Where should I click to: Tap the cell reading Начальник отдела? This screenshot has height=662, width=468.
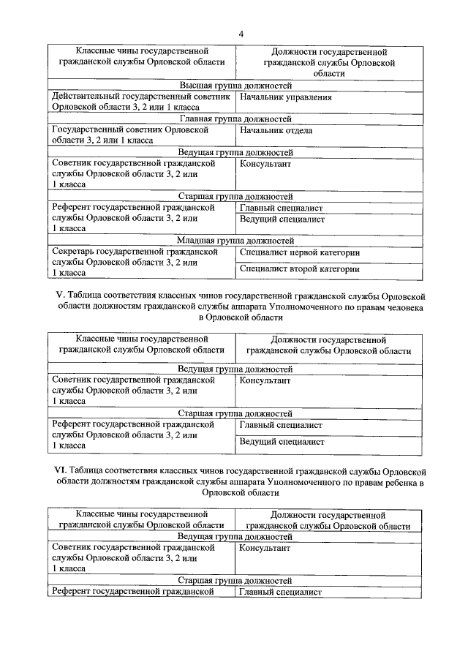pyautogui.click(x=276, y=131)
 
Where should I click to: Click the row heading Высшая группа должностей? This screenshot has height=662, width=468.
pyautogui.click(x=235, y=85)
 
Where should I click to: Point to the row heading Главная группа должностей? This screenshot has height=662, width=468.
pyautogui.click(x=235, y=119)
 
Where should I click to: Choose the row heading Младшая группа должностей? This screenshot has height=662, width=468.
pyautogui.click(x=235, y=240)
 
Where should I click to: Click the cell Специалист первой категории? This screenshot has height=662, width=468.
pyautogui.click(x=300, y=252)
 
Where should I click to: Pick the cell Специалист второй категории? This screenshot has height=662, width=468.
pyautogui.click(x=300, y=269)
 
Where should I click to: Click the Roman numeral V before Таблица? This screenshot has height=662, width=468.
pyautogui.click(x=60, y=296)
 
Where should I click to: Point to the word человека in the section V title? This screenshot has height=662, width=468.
pyautogui.click(x=405, y=307)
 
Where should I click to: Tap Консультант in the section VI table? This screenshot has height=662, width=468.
pyautogui.click(x=265, y=547)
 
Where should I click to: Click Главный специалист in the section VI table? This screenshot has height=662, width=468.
pyautogui.click(x=281, y=593)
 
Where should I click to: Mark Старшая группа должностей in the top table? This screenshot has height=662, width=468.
pyautogui.click(x=235, y=197)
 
